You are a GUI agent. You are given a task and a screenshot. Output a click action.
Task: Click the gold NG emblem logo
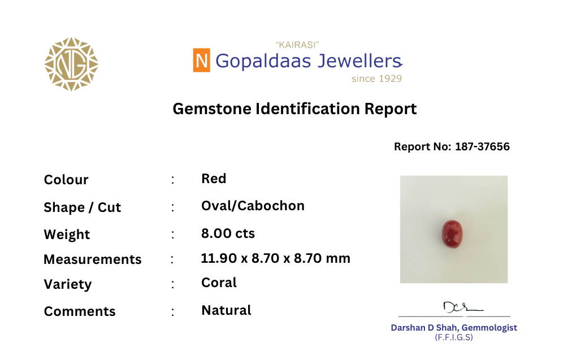coord(71,64)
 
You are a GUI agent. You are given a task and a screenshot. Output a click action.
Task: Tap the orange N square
coord(201,60)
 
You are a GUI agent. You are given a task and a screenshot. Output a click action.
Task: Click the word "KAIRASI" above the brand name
coord(297,45)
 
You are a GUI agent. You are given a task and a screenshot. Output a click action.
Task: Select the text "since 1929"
coord(376,79)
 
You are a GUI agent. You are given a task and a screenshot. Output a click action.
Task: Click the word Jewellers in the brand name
coord(359,61)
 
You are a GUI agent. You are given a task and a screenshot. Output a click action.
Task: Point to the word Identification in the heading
coord(307,109)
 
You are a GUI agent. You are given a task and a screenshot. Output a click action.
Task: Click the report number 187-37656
coord(482,146)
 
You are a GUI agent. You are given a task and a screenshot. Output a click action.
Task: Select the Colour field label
coord(66,180)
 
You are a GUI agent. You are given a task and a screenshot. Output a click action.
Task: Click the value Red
coord(214,179)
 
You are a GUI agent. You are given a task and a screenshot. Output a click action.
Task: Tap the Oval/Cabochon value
coord(253,206)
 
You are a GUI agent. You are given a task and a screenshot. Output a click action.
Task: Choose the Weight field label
coord(67,234)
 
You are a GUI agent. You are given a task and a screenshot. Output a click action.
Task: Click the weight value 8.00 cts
coord(228,233)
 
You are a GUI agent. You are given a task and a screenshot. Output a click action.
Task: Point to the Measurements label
coord(93,259)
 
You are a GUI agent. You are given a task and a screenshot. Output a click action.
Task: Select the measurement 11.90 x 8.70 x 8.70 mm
coord(276,258)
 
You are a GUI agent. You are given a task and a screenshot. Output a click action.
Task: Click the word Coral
coord(219,283)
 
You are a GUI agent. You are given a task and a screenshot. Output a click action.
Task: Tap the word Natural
coord(226,310)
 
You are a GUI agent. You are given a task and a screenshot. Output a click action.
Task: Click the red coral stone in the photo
coord(452,233)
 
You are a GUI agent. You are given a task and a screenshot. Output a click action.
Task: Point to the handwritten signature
coord(462,307)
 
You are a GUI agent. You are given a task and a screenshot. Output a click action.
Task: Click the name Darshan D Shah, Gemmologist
coord(454,328)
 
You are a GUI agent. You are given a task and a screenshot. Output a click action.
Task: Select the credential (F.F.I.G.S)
coord(454,337)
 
